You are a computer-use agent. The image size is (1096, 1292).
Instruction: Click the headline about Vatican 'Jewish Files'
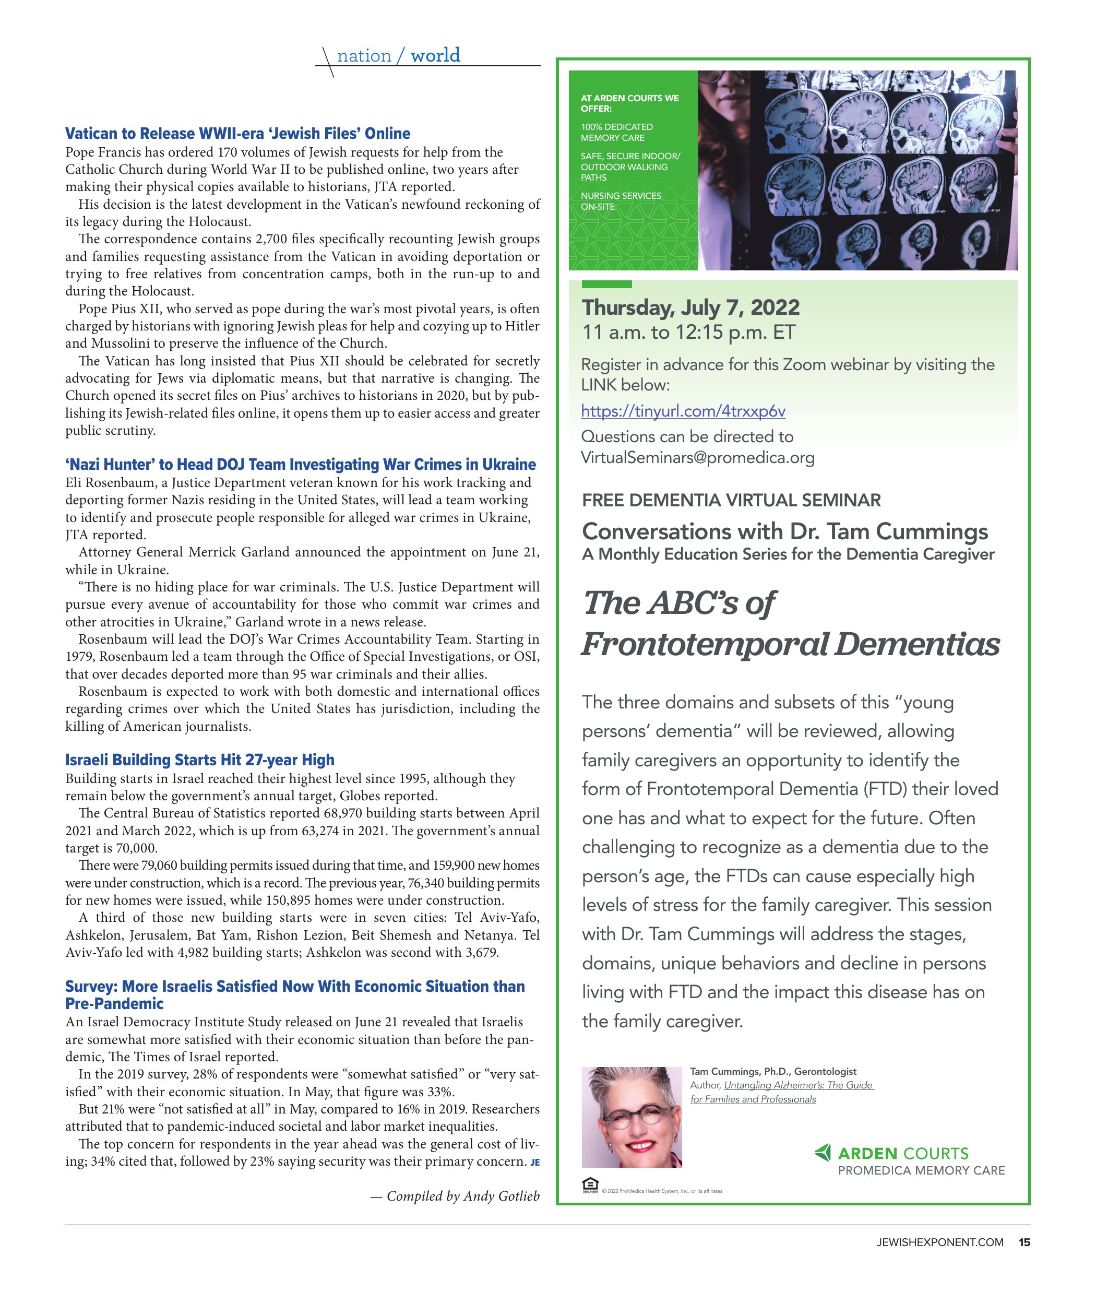[x=237, y=134]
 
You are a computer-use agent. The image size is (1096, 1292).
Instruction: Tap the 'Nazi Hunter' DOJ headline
[x=300, y=464]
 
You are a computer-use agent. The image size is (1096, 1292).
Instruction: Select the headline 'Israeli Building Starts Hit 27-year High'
[x=199, y=760]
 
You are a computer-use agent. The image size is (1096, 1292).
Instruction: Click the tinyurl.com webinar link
[x=683, y=411]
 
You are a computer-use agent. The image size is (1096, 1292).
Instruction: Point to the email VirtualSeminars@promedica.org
[x=697, y=458]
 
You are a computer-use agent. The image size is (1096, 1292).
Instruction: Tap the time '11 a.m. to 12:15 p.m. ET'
[x=688, y=333]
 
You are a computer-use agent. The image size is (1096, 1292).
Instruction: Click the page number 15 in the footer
[x=1024, y=1242]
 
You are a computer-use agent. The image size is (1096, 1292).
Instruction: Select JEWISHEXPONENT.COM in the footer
[x=939, y=1242]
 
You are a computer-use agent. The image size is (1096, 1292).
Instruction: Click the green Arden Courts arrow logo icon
[x=822, y=1153]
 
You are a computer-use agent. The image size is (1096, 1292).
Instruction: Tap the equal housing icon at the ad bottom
[x=590, y=1184]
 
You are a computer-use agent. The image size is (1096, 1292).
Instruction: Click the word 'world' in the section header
[x=435, y=55]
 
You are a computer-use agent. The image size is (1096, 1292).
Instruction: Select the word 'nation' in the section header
[x=364, y=56]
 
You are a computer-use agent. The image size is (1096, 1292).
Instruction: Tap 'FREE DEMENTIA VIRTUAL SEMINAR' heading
[x=731, y=500]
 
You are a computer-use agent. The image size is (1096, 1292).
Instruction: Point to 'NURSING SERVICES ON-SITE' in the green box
[x=621, y=201]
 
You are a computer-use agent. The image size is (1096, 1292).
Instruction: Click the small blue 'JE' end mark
[x=535, y=1163]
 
